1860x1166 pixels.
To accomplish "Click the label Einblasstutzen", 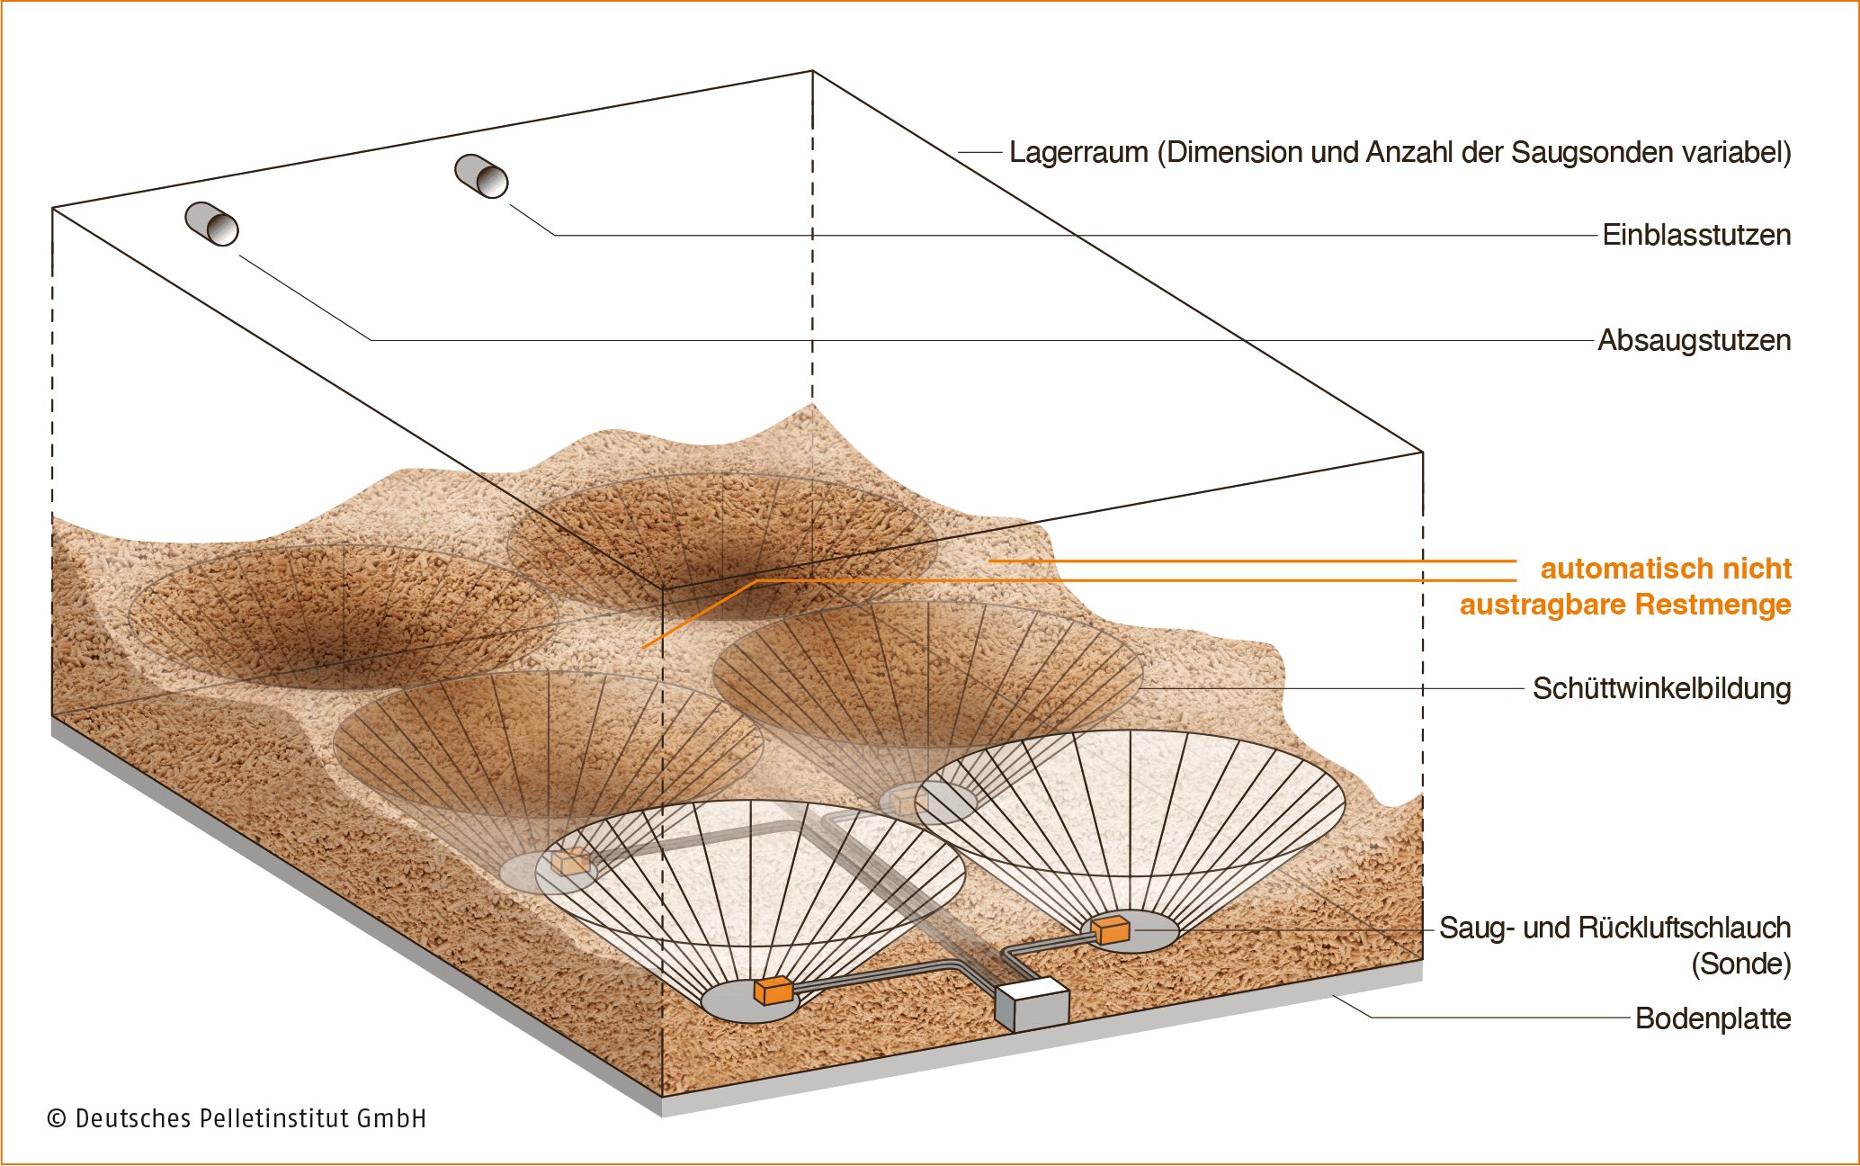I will (x=1695, y=235).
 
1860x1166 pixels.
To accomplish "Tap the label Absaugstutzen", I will (x=1694, y=340).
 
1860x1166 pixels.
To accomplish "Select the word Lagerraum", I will (x=1078, y=152).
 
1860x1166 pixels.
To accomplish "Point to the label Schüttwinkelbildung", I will (x=1661, y=688).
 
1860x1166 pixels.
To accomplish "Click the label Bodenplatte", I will (x=1712, y=1018).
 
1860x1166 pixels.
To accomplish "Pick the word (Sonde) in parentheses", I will (x=1740, y=964).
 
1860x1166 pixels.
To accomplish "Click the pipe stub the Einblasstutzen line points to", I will (x=481, y=175).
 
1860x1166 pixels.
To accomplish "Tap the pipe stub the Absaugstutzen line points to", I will (x=211, y=223).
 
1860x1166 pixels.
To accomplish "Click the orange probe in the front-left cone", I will (x=773, y=990).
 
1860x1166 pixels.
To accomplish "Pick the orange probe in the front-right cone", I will (x=1111, y=929).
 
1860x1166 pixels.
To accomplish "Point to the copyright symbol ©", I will (x=57, y=1118).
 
